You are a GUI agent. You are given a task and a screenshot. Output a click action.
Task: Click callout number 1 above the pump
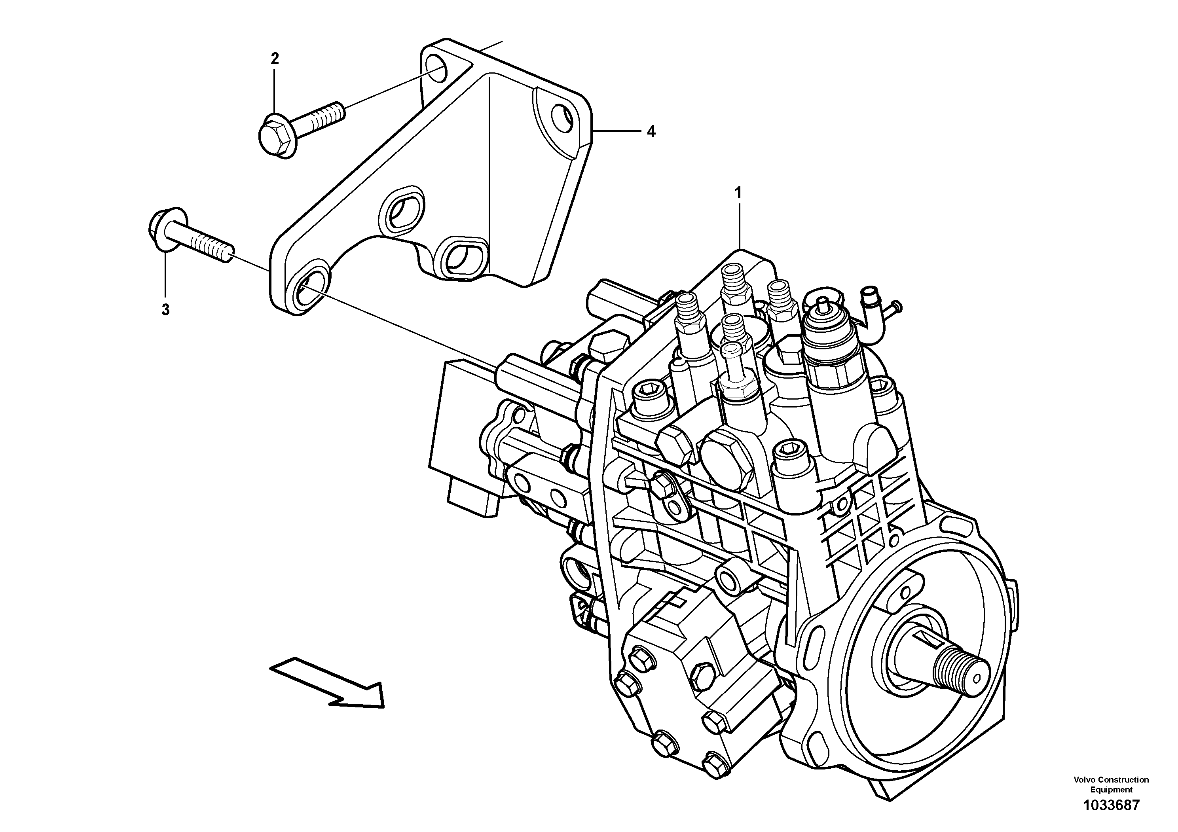click(x=738, y=193)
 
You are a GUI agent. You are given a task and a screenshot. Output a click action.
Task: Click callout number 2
click(x=275, y=59)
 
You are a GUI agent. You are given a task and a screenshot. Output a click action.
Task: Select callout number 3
click(x=165, y=310)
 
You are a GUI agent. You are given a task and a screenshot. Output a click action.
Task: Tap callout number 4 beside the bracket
click(x=651, y=132)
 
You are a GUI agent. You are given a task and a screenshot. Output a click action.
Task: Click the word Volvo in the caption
click(x=1083, y=780)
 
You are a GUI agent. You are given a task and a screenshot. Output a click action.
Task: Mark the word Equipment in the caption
click(x=1111, y=790)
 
